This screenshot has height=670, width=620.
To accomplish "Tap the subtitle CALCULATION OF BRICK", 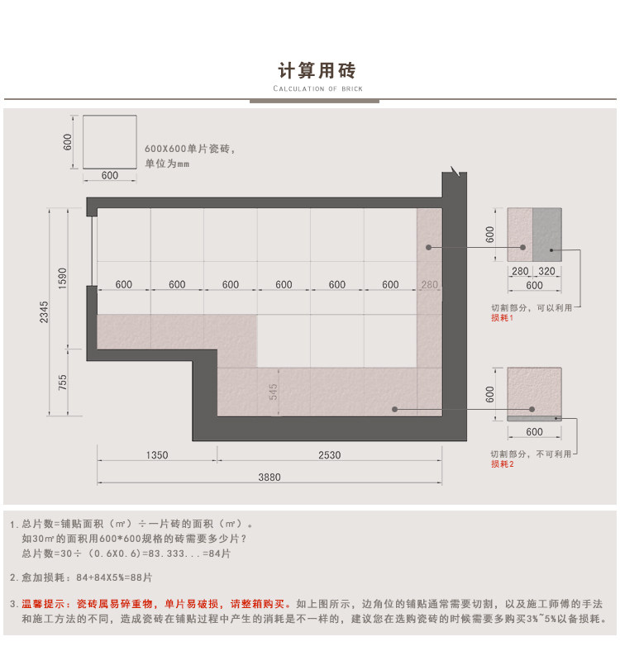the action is pos(317,88).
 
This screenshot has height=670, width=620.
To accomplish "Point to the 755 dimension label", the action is pos(63,384).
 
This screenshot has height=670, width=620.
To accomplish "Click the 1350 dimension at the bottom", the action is pos(157,455).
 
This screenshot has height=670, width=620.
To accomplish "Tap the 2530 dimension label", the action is pos(329,455).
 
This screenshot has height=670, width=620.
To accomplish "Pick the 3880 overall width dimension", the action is pos(269,477).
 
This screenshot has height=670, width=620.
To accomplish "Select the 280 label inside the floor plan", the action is pos(429,285).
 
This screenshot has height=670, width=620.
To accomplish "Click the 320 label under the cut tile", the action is pos(546,271).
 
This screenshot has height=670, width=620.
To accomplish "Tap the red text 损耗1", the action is pos(503,317).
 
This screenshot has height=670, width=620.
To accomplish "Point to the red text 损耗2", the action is pos(503,464).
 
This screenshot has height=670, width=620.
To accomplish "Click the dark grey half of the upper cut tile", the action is pos(546,235).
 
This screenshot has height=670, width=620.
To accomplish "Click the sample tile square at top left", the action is pos(109,141).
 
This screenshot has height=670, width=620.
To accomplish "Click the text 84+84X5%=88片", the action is pos(114,577).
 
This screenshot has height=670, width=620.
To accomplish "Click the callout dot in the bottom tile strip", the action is pos(395,409).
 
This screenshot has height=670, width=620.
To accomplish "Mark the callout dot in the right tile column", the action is pos(429,247).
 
